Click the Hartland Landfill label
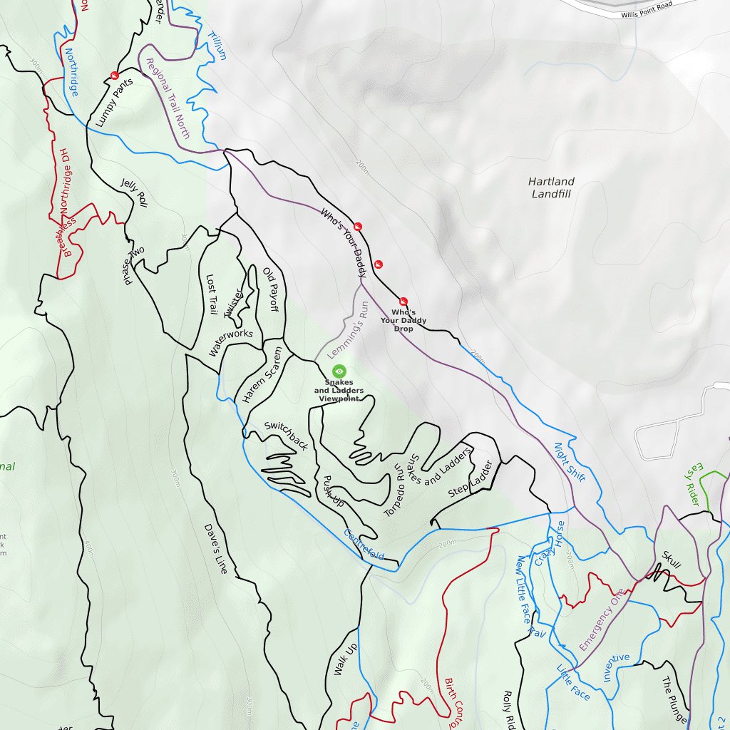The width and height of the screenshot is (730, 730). [x=551, y=187]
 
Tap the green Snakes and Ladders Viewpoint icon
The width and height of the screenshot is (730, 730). [x=339, y=371]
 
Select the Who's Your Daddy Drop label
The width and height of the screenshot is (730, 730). [x=403, y=320]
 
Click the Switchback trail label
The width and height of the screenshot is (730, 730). [x=286, y=436]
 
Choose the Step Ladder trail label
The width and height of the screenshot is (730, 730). [x=471, y=480]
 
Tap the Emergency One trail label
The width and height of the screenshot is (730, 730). [x=602, y=619]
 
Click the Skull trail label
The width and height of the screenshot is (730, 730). [x=672, y=560]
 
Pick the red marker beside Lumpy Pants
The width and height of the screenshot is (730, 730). [x=114, y=76]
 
